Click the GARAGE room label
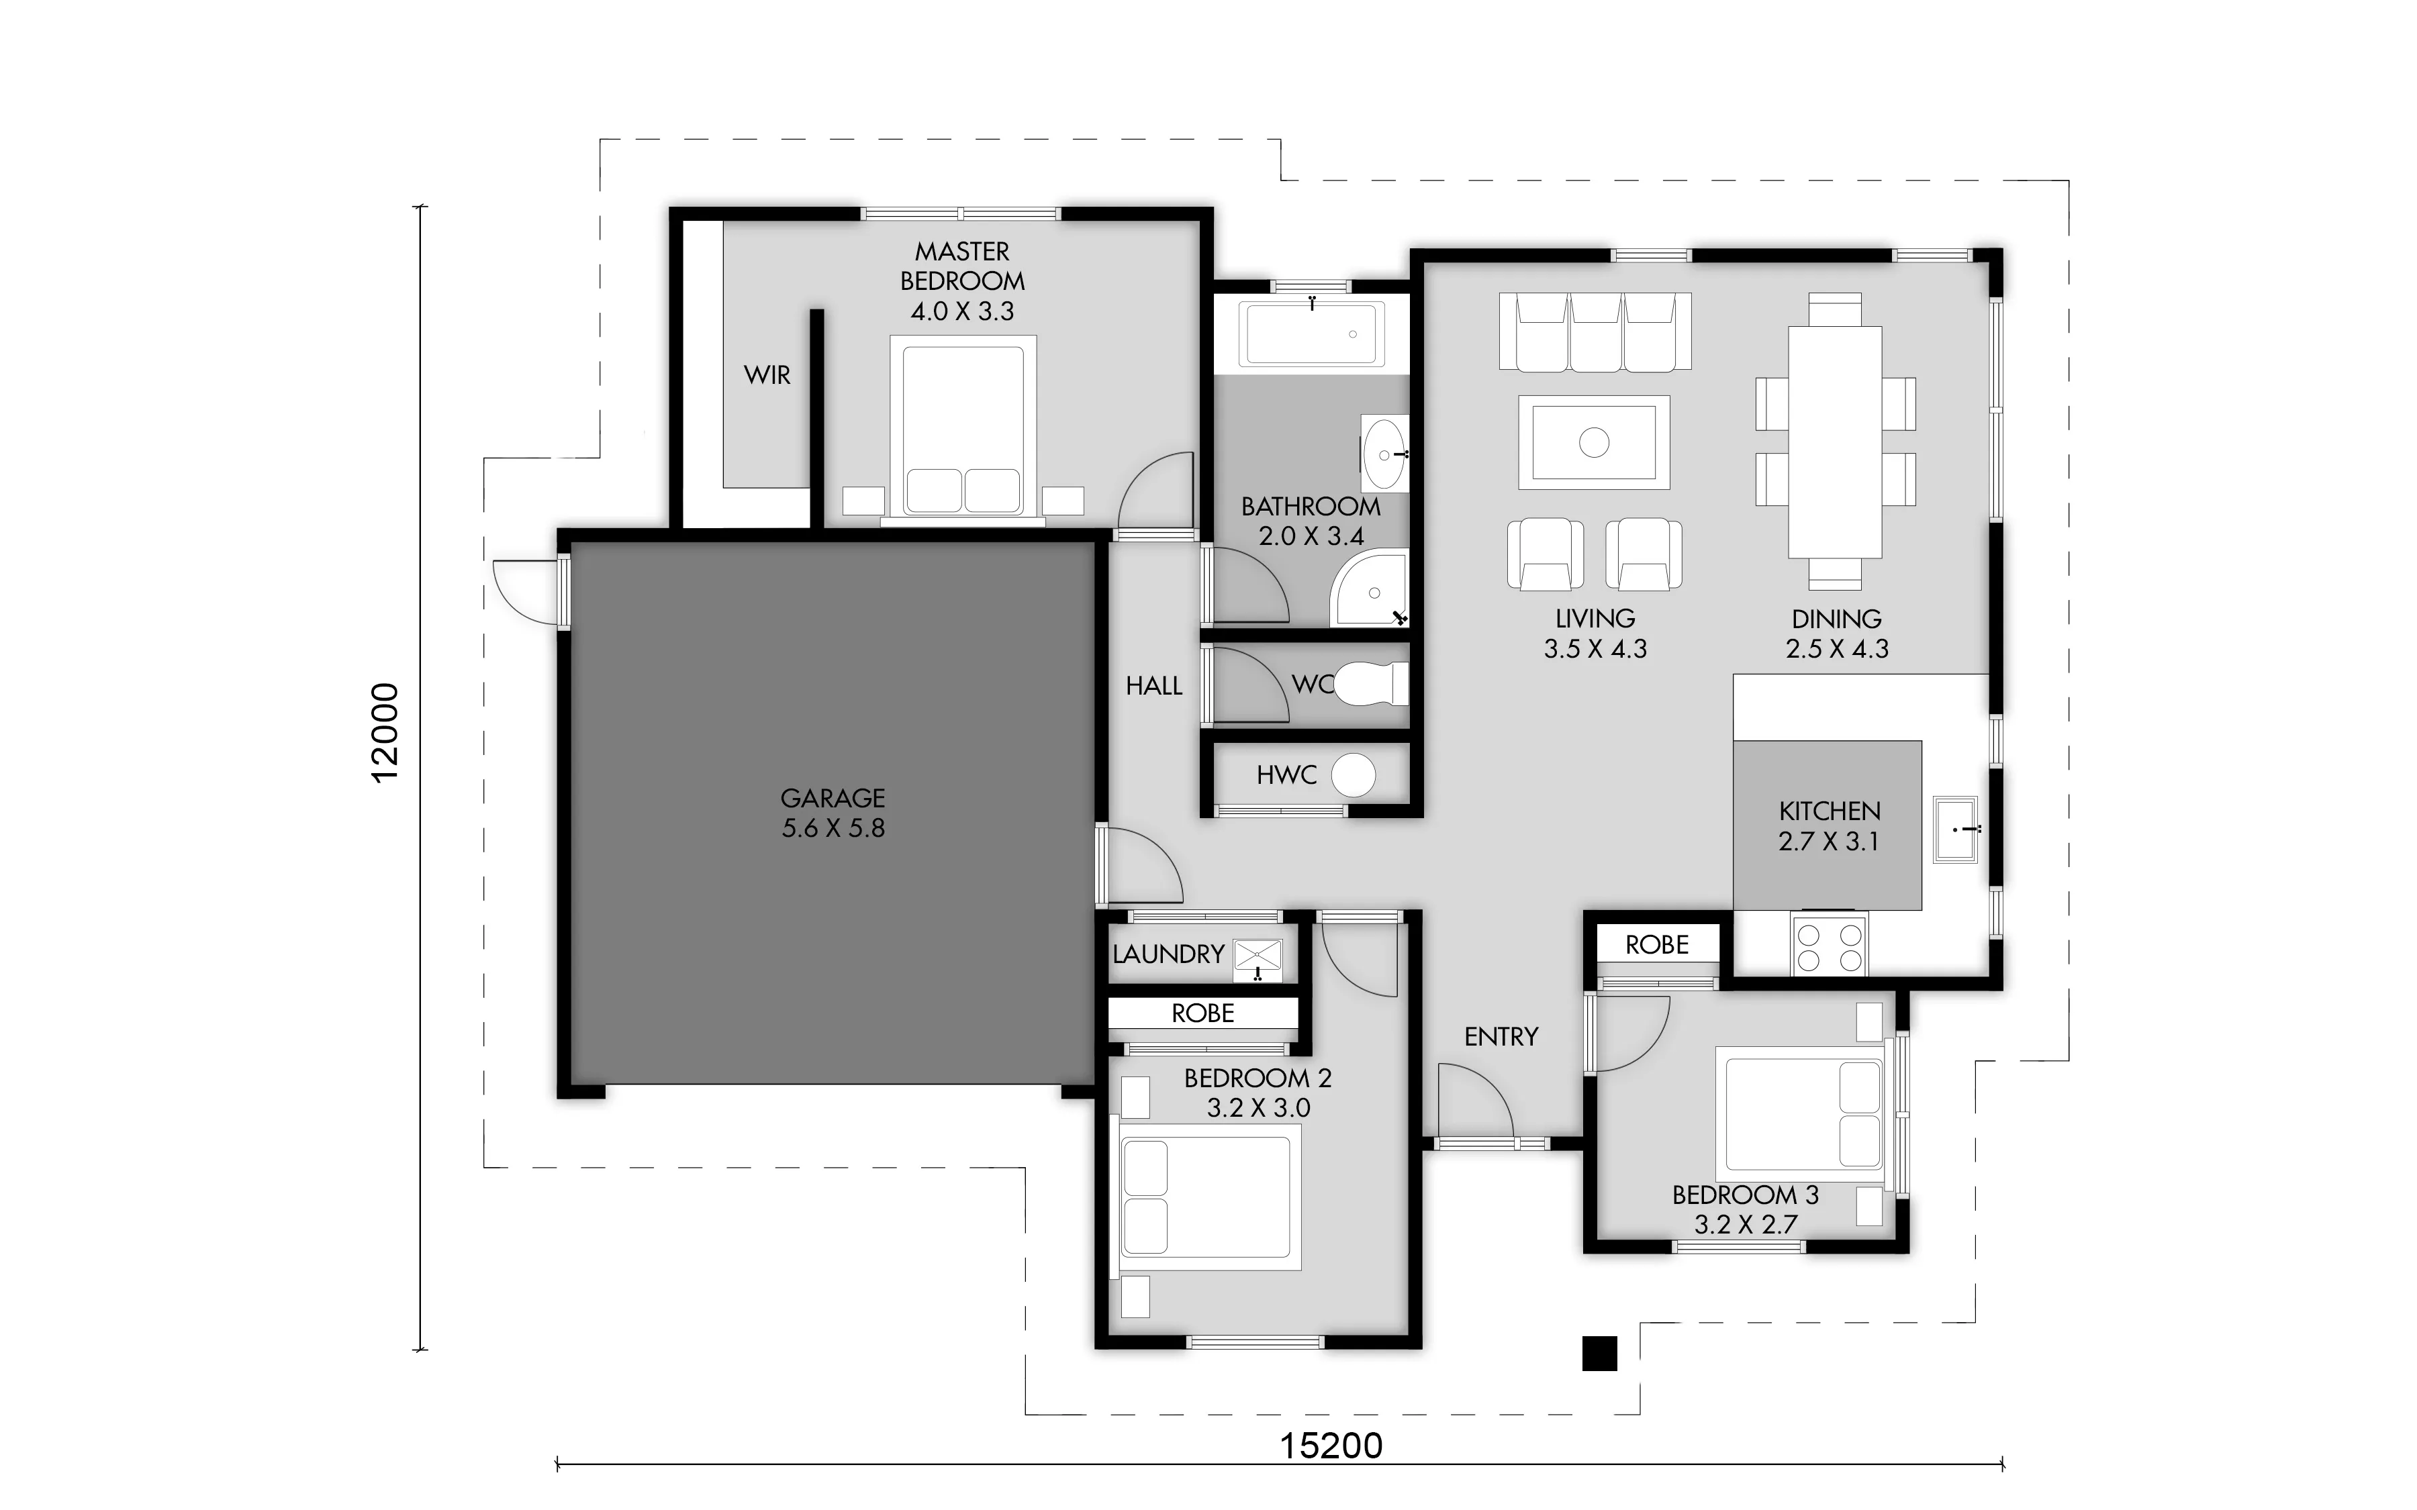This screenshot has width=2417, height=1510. pos(833,798)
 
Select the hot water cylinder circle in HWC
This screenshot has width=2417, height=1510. pos(1354,775)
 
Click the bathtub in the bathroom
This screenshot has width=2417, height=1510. pos(1311,334)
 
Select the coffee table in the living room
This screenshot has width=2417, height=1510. pos(1594,442)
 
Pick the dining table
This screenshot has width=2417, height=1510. pos(1835,442)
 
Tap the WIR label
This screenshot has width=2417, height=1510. pos(767,376)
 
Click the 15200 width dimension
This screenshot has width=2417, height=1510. pos(1331,1445)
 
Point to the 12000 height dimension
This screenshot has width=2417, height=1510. pos(385,733)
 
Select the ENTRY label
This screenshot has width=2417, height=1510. pos(1501,1038)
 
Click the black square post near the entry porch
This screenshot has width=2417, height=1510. pos(1599,1353)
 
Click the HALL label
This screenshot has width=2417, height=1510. pos(1153,686)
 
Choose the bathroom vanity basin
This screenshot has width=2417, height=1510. pos(1384,456)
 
